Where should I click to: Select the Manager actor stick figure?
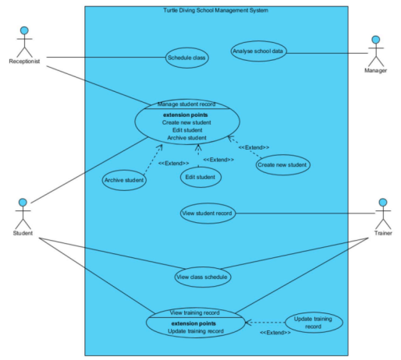pos(376,51)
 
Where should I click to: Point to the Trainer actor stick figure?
pos(382,214)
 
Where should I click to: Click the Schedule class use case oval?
pos(187,57)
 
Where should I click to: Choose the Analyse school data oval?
pos(259,51)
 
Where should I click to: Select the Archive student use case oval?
pos(125,181)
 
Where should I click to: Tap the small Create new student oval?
pos(282,164)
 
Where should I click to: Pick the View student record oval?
pos(207,213)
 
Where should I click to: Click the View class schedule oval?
pos(203,276)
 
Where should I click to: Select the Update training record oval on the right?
pos(313,323)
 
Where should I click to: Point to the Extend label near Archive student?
pos(173,163)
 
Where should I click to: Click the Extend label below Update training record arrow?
pos(275,333)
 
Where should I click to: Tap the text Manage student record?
pos(186,104)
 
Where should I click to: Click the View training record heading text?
pos(195,312)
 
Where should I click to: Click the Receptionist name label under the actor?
pos(24,61)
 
